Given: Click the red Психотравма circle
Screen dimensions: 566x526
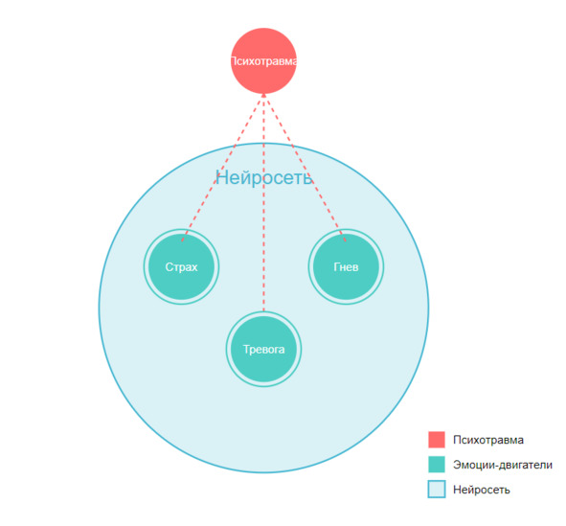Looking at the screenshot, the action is click(x=263, y=60).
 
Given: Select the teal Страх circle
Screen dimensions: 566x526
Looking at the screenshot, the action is click(x=181, y=266).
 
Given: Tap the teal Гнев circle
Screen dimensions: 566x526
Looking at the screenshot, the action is click(x=346, y=266).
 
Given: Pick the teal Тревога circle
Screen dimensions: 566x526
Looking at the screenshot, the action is click(x=263, y=349).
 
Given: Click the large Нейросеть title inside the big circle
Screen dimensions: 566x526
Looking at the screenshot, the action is click(x=264, y=177).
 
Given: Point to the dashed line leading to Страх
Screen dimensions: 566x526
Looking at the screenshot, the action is click(x=222, y=168).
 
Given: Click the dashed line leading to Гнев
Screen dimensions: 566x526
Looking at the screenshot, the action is click(x=305, y=168).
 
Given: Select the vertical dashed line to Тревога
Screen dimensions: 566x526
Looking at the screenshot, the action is click(x=263, y=202).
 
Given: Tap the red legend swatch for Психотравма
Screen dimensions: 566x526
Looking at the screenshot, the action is click(x=437, y=440).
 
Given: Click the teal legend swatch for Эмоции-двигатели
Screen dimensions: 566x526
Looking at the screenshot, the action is click(x=437, y=465).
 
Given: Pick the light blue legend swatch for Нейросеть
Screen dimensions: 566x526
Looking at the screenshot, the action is click(x=437, y=490).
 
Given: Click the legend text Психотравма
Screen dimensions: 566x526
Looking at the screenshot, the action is click(x=488, y=440).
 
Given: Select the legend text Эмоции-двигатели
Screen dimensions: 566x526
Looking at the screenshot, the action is click(x=503, y=465).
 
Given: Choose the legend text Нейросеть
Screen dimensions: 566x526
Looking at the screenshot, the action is click(x=482, y=490).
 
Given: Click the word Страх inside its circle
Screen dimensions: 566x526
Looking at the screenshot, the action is click(x=181, y=267).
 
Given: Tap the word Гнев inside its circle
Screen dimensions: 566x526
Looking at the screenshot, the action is click(x=346, y=266).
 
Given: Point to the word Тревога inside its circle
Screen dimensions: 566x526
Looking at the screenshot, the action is click(x=263, y=350).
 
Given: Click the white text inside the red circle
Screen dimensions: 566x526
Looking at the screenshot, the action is click(x=263, y=61).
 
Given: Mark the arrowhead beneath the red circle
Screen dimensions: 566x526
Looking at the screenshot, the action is click(x=263, y=95).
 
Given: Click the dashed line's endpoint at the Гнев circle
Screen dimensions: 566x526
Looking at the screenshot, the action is click(x=346, y=240).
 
